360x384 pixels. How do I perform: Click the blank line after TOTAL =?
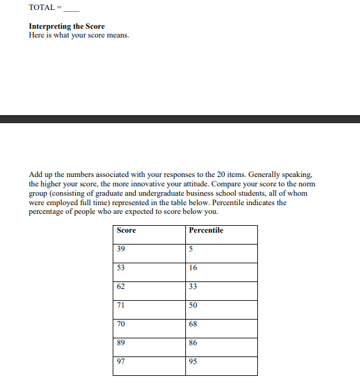click(x=71, y=9)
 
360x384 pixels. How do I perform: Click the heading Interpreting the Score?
click(x=67, y=26)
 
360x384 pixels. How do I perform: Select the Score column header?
click(x=126, y=230)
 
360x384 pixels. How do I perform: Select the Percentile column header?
click(x=206, y=230)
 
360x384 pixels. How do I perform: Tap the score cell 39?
click(x=121, y=249)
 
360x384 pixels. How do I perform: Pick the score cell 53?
click(x=121, y=268)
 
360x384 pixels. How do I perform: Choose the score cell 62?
click(x=121, y=286)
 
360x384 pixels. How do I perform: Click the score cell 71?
click(x=121, y=305)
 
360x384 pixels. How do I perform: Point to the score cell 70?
click(x=121, y=324)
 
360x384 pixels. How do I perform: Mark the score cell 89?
click(x=121, y=343)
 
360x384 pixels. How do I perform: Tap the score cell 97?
click(x=121, y=361)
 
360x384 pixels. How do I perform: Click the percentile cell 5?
click(x=191, y=249)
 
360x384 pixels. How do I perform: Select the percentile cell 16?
click(x=193, y=268)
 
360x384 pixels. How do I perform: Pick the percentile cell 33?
click(x=193, y=286)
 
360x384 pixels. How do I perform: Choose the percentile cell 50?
click(x=193, y=305)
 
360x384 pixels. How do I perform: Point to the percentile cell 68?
click(x=193, y=324)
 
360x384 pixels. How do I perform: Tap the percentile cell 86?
click(x=193, y=343)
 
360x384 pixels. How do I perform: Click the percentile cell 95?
click(x=193, y=361)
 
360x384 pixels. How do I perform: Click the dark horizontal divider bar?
click(x=180, y=119)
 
